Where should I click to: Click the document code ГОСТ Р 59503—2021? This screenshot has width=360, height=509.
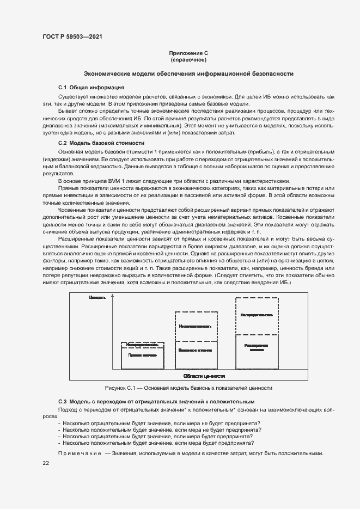[x=72, y=36]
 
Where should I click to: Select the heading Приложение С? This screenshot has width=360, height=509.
[x=188, y=53]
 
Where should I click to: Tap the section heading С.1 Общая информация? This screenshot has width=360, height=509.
[x=91, y=87]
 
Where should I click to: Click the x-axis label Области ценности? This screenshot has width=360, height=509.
[x=204, y=376]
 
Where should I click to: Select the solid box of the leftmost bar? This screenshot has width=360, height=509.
[x=143, y=358]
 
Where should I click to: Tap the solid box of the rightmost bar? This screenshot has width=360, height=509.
[x=257, y=351]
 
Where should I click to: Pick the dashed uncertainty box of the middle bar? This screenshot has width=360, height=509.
[x=195, y=327]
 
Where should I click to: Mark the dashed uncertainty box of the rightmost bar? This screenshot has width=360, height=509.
[x=257, y=315]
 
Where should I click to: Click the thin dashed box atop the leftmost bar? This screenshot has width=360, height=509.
[x=143, y=344]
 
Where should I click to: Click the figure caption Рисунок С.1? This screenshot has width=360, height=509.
[x=188, y=388]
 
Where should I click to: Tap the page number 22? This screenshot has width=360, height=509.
[x=46, y=463]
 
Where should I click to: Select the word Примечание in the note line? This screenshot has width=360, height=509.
[x=80, y=453]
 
